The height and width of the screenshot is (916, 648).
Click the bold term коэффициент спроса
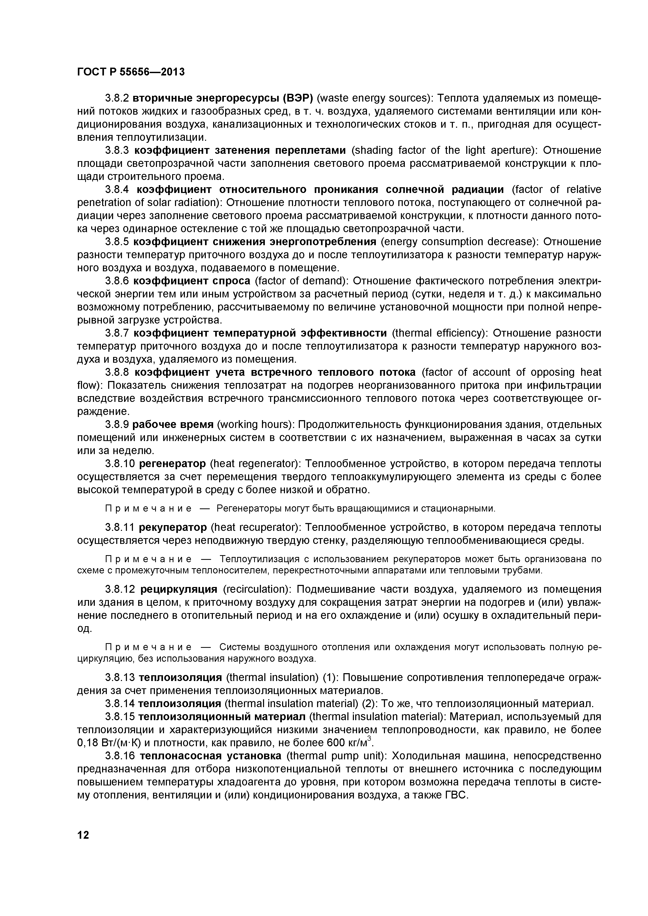pos(191,281)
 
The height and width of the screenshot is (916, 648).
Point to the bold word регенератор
pos(172,463)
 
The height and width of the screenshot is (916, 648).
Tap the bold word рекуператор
pos(173,527)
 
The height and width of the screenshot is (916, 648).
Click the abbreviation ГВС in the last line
pos(455,795)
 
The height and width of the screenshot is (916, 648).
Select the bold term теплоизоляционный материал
pos(221,717)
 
